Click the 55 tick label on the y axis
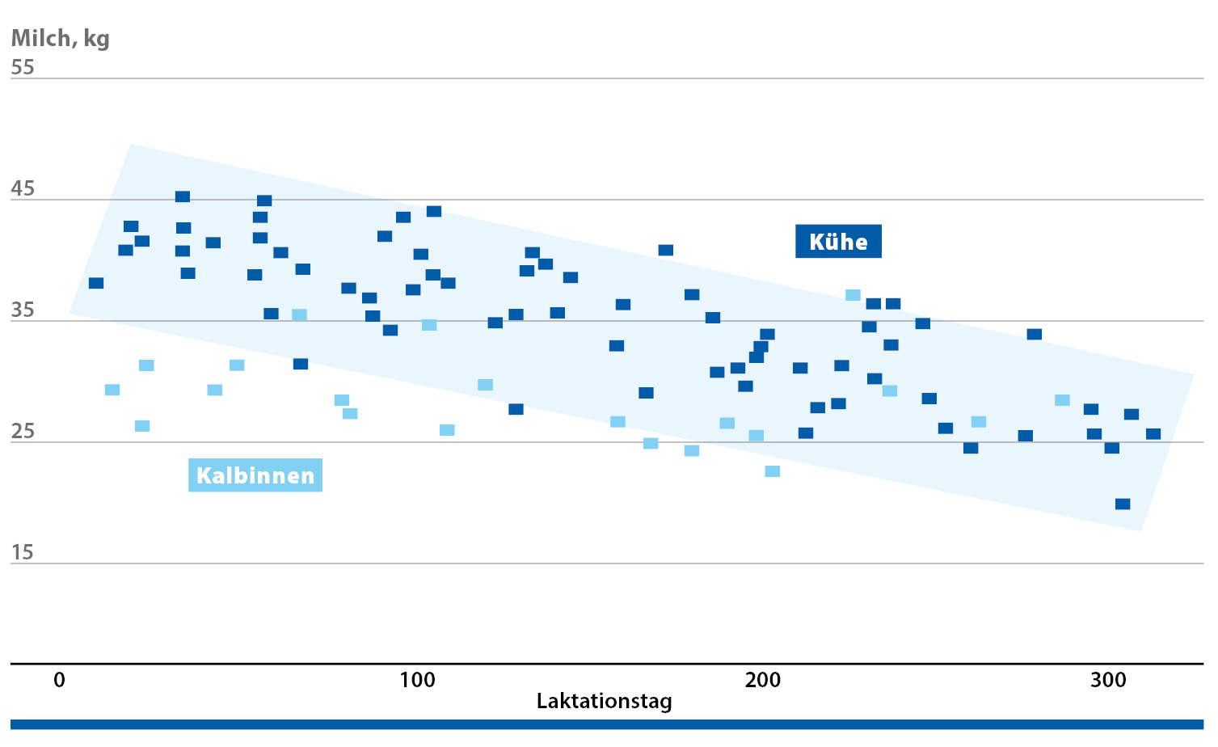pos(23,67)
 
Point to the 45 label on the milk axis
pos(23,188)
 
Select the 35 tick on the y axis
pos(23,310)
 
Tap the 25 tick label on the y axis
pos(23,432)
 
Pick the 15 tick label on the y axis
pos(23,553)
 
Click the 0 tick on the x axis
pos(59,680)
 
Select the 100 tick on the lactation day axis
pos(417,680)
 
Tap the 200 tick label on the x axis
pos(763,680)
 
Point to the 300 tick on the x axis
pos(1108,680)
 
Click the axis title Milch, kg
pos(60,38)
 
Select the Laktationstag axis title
pos(604,701)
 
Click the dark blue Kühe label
pos(838,242)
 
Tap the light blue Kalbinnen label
pos(255,475)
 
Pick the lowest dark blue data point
pos(1123,504)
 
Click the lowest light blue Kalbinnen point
pos(772,471)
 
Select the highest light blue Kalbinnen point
pos(853,295)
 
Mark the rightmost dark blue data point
pos(1153,434)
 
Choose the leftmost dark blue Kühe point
pos(96,283)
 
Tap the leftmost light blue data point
pos(112,390)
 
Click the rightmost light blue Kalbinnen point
pos(1062,400)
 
